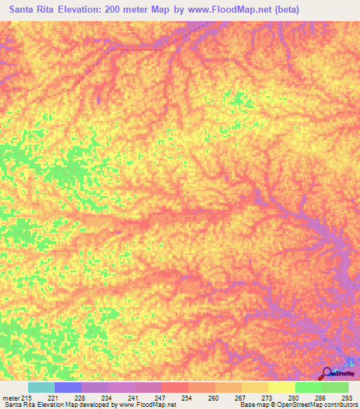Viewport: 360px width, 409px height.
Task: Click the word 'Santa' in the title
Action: coord(25,10)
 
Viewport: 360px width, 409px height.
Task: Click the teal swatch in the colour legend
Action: coord(41,387)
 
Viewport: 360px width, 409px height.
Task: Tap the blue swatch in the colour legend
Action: coord(68,387)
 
